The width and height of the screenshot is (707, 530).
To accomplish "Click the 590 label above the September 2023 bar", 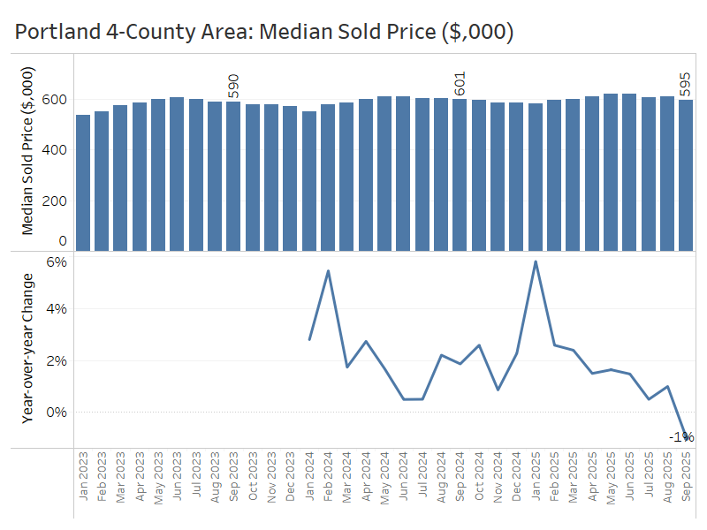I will coord(233,87).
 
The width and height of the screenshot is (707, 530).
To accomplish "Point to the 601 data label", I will coord(460,84).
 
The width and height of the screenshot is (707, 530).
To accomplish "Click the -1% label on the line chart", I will coord(681,436).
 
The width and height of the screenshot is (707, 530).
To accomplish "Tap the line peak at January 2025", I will coord(536,261).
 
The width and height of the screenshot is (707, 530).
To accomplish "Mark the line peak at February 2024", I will coord(328,271).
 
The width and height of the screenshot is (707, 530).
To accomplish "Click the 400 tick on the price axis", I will coord(57,149).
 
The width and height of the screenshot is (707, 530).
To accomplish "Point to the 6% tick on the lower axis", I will coord(57,261).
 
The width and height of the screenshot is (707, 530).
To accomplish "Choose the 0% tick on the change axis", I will coord(57,412).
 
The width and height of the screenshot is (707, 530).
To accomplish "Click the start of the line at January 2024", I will coord(309,339).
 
